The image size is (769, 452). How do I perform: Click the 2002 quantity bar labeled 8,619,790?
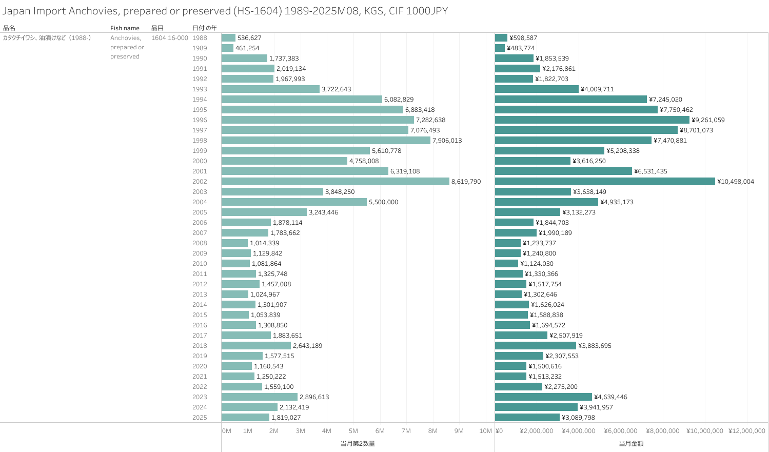click(x=335, y=182)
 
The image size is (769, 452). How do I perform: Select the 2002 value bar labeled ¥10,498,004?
click(x=605, y=182)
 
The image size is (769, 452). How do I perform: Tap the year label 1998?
click(x=200, y=141)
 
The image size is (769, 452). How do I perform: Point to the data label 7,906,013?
click(x=447, y=141)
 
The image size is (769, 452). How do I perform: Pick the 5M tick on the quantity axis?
click(x=353, y=431)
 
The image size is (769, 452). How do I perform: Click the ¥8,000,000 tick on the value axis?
click(x=662, y=431)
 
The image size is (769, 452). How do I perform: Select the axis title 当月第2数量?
click(x=358, y=443)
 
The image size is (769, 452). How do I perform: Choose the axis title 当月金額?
click(x=631, y=443)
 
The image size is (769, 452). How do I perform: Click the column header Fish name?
click(x=125, y=28)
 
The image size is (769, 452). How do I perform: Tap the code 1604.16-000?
click(x=169, y=38)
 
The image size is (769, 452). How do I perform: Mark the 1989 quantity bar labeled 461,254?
click(x=227, y=48)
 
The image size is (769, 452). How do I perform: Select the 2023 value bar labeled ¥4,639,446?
click(x=543, y=397)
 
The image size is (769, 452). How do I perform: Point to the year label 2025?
click(x=200, y=418)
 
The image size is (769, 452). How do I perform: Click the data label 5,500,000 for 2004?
click(x=383, y=202)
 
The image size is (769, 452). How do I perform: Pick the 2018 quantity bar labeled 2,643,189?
click(x=256, y=346)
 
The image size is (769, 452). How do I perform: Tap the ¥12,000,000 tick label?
click(x=746, y=431)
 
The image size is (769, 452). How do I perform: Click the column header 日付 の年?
click(x=204, y=28)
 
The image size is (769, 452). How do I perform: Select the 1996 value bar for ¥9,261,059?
click(x=592, y=120)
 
